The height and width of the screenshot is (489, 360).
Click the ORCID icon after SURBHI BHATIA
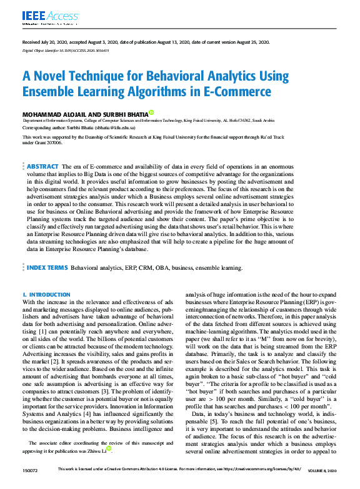(151, 113)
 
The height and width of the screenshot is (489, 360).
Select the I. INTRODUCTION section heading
(46, 294)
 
